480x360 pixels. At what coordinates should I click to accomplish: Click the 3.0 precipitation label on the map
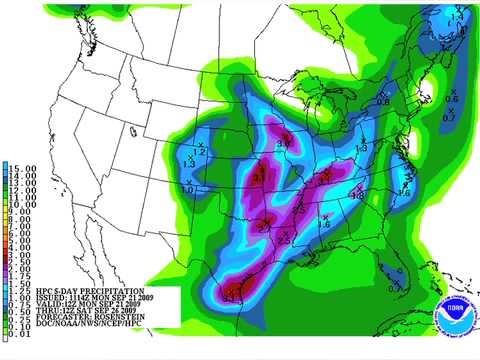[283, 145]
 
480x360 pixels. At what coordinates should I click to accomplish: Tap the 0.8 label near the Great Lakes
[383, 101]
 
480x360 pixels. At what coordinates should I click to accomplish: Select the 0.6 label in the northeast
[452, 99]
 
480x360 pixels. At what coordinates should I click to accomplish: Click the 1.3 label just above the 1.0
[191, 162]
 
